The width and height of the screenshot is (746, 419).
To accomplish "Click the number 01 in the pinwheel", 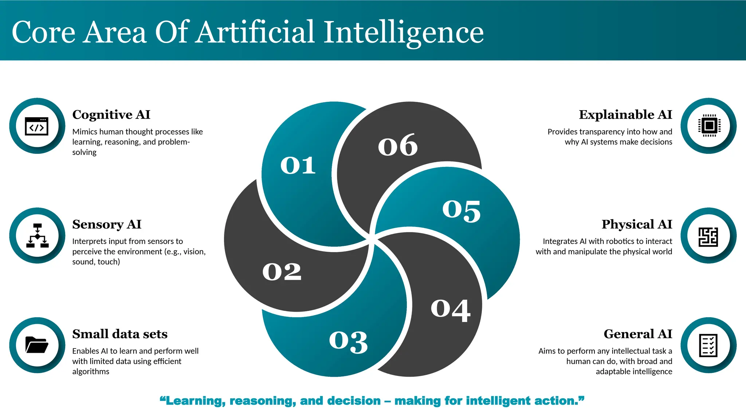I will (x=298, y=165).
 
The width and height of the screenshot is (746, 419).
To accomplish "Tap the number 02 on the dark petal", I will (x=282, y=272).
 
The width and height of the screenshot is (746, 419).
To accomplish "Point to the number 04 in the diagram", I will (x=451, y=310).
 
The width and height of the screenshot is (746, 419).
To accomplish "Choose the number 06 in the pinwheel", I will (x=398, y=145).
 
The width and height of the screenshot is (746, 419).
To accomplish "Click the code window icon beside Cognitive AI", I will (x=37, y=126).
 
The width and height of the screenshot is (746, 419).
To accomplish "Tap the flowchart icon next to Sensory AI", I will (x=37, y=236).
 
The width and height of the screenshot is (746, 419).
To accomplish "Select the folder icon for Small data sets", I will (x=37, y=345).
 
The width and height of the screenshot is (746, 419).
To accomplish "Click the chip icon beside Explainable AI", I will (x=709, y=126).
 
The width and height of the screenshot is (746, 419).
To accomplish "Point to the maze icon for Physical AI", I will (x=708, y=236).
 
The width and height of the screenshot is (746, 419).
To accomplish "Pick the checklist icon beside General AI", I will (x=708, y=345).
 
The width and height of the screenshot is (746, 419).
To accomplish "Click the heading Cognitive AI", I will (x=111, y=115).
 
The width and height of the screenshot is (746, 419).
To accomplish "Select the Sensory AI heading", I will (x=107, y=224).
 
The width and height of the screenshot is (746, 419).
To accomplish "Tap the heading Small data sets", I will (x=120, y=334).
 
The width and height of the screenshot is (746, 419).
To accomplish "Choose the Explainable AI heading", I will (x=625, y=115).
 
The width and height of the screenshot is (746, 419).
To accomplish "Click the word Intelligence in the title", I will (x=404, y=32).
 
